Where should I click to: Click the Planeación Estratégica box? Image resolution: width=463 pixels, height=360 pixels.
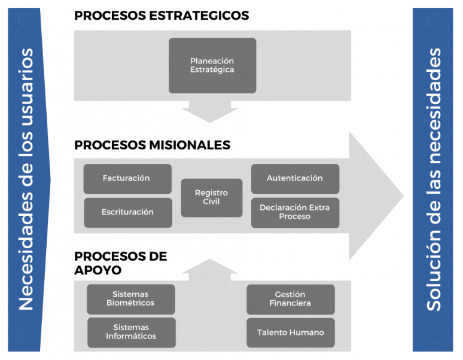pos(212,66)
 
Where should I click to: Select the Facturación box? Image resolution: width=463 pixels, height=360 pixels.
pos(127,179)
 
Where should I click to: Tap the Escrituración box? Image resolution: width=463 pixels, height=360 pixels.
pos(128,213)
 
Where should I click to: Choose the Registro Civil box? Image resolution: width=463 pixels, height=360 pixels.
pos(212,198)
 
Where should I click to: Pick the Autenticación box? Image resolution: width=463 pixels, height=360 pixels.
pos(296,179)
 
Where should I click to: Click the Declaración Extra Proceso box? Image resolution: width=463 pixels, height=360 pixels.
pos(296,213)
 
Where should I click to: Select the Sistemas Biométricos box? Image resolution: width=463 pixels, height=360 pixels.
pos(131,299)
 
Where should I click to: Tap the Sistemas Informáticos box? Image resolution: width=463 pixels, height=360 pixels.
pos(132,332)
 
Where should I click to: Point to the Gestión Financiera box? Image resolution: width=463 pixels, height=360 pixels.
pos(291,300)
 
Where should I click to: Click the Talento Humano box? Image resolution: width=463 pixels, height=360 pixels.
pos(291,333)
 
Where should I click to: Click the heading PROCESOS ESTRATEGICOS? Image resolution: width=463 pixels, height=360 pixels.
pos(162,16)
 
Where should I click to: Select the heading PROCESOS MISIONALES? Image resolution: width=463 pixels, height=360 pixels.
pos(153,145)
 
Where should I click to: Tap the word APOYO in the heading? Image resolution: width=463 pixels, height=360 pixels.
pos(98,270)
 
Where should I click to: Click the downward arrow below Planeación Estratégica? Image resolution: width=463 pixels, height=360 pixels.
pos(210,112)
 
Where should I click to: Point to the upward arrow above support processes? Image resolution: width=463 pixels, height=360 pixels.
pos(210,270)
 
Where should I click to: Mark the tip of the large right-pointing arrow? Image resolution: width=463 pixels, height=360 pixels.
pos(403,196)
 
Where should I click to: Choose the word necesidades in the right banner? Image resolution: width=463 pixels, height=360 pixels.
pos(434,106)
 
